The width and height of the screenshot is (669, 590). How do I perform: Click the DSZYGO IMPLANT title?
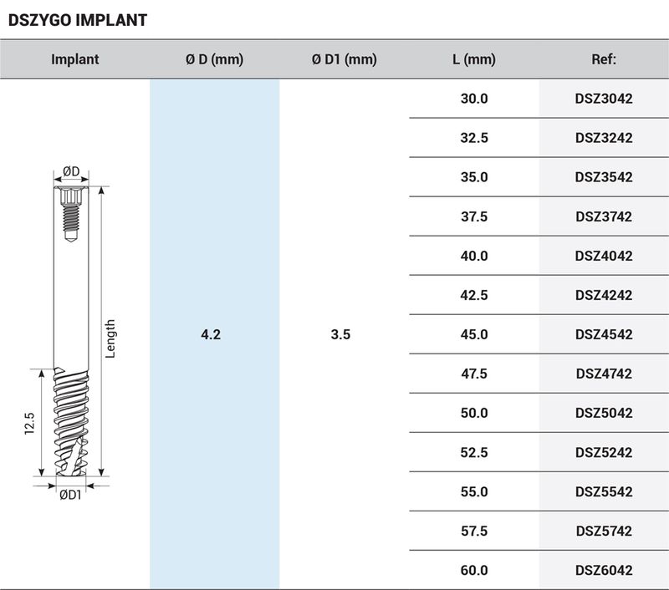77,20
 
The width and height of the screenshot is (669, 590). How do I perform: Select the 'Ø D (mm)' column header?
214,59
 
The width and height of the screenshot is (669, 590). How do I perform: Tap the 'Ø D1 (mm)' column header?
344,59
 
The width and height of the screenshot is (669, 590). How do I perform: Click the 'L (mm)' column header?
473,59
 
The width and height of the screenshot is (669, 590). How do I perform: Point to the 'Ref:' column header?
604,59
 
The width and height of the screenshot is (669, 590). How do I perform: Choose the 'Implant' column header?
74,59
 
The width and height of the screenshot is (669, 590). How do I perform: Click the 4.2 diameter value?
211,334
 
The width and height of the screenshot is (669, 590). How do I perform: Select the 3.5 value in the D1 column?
340,334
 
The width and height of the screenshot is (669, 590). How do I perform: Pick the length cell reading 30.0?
473,99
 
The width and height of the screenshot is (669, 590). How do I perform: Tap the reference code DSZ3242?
604,138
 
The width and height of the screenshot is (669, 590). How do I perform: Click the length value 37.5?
473,216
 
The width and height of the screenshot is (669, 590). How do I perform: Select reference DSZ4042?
604,256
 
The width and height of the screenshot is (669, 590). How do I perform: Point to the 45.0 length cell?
473,334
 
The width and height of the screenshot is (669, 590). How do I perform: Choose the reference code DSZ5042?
604,413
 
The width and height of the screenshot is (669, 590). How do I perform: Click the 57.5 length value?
473,531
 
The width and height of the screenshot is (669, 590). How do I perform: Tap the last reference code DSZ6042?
604,570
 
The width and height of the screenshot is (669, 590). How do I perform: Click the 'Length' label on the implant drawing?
110,338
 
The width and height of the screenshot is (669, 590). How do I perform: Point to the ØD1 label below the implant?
70,495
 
